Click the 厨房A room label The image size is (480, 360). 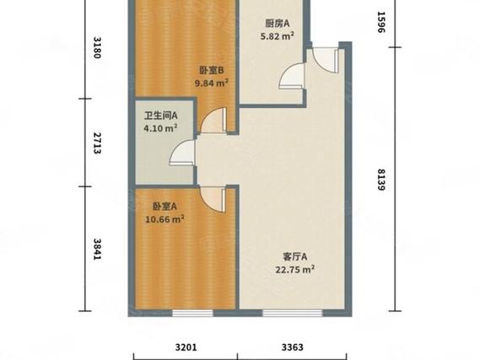[278, 24]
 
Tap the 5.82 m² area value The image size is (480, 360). [278, 36]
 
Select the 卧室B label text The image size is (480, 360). [212, 71]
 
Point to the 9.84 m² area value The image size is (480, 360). [212, 83]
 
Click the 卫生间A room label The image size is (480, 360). [161, 116]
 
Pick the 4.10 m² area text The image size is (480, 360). [161, 128]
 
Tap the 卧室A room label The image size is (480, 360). [164, 207]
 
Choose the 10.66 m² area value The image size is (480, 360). [164, 219]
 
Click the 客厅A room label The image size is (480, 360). [295, 257]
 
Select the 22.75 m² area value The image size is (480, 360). [295, 270]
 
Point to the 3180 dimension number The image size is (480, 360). [97, 47]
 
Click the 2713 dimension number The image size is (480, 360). [97, 142]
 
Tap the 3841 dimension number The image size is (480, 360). [97, 250]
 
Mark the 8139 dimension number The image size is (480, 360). [380, 180]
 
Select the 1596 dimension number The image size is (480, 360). [380, 22]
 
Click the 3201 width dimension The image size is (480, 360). [186, 347]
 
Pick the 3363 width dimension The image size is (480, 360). [293, 347]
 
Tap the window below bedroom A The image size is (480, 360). [192, 313]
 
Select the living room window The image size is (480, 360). [293, 313]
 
